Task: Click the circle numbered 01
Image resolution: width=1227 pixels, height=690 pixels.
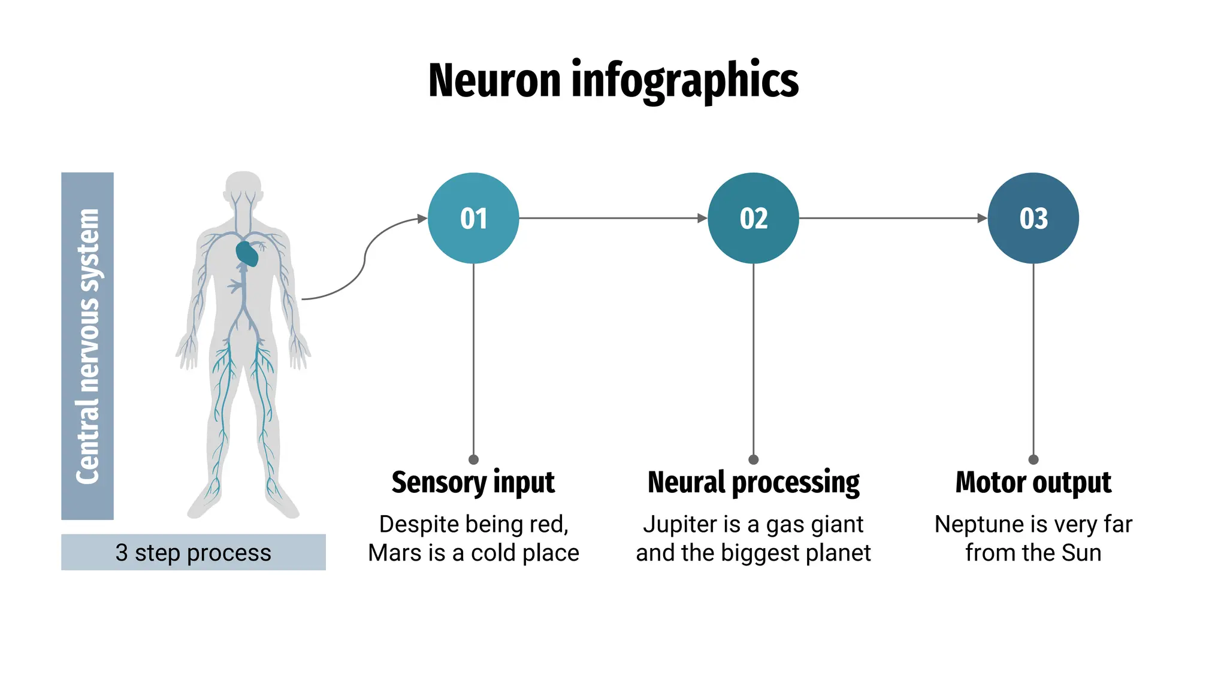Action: (x=473, y=218)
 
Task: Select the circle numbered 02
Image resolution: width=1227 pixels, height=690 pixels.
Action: (x=753, y=218)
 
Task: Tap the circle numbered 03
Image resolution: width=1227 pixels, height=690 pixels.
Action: (x=1033, y=218)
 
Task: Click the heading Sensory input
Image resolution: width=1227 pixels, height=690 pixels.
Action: (x=473, y=483)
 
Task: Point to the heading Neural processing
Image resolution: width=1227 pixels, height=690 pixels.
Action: (x=753, y=483)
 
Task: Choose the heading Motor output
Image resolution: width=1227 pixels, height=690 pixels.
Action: (x=1033, y=483)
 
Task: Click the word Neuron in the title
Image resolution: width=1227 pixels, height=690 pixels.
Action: (x=494, y=81)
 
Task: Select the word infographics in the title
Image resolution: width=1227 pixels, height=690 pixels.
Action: (x=685, y=81)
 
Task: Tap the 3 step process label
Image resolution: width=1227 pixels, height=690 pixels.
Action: (x=193, y=552)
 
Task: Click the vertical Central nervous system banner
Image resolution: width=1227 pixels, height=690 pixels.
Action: (x=87, y=346)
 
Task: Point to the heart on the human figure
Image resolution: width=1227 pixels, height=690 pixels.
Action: (x=247, y=254)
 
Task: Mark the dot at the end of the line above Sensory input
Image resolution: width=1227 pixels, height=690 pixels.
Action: (x=473, y=459)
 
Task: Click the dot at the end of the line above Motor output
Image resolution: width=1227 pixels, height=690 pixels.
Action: (x=1033, y=459)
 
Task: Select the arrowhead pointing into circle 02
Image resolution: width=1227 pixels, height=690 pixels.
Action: (x=702, y=218)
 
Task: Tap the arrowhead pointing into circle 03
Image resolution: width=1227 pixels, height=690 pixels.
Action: (x=982, y=218)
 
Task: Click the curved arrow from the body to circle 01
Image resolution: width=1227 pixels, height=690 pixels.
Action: (x=365, y=258)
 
